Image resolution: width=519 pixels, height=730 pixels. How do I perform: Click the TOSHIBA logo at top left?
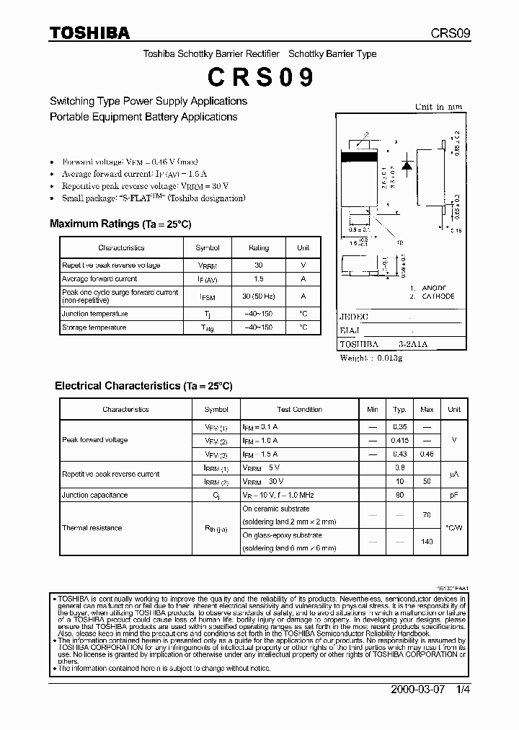pos(89,32)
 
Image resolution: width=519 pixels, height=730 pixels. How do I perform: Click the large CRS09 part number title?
pos(260,77)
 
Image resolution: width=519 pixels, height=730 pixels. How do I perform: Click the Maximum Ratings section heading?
pos(120,224)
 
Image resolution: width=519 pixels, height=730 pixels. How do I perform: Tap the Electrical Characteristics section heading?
pos(143,386)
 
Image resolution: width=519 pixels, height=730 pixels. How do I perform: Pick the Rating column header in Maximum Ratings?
pos(258,247)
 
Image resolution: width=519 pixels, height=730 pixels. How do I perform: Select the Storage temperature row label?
pos(94,327)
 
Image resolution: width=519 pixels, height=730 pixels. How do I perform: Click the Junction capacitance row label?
pos(94,496)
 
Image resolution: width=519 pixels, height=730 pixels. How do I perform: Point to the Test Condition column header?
pos(298,410)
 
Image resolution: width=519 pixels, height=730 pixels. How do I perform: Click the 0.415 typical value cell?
pos(399,441)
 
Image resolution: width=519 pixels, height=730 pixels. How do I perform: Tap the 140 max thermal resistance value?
pos(427,541)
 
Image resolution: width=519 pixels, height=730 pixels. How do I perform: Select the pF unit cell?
pos(453,496)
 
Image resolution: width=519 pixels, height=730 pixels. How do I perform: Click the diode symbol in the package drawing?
pos(407,164)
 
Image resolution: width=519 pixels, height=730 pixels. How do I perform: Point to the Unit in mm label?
pos(438,107)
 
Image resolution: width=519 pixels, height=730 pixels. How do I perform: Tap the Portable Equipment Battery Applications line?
pos(143,117)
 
